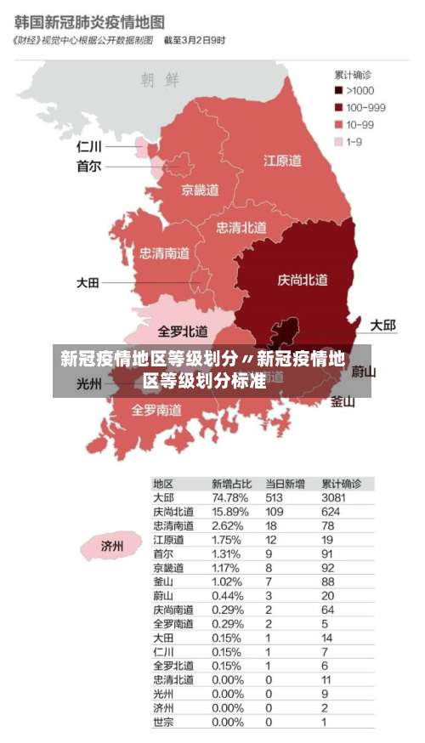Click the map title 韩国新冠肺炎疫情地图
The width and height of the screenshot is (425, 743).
pyautogui.click(x=88, y=19)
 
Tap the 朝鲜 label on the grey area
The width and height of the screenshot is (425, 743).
pyautogui.click(x=161, y=81)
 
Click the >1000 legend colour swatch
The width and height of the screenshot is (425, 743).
pyautogui.click(x=338, y=91)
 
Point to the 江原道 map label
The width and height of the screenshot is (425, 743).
pyautogui.click(x=281, y=160)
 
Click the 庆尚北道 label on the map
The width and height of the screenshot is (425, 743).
pyautogui.click(x=302, y=280)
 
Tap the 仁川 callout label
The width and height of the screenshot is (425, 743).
pyautogui.click(x=88, y=147)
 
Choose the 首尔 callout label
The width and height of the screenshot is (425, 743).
pyautogui.click(x=88, y=167)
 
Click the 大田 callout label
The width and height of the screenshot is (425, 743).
pyautogui.click(x=88, y=283)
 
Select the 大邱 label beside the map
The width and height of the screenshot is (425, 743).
pyautogui.click(x=382, y=326)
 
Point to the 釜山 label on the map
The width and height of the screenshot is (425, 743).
pyautogui.click(x=343, y=402)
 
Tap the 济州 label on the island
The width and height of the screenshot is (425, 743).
pyautogui.click(x=112, y=546)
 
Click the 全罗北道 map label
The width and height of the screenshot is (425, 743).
pyautogui.click(x=183, y=331)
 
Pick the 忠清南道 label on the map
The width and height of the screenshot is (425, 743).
pyautogui.click(x=165, y=252)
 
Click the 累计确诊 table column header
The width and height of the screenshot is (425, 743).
pyautogui.click(x=341, y=483)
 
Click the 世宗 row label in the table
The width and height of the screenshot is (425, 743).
pyautogui.click(x=163, y=722)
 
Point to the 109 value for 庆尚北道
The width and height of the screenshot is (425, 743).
pyautogui.click(x=274, y=512)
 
